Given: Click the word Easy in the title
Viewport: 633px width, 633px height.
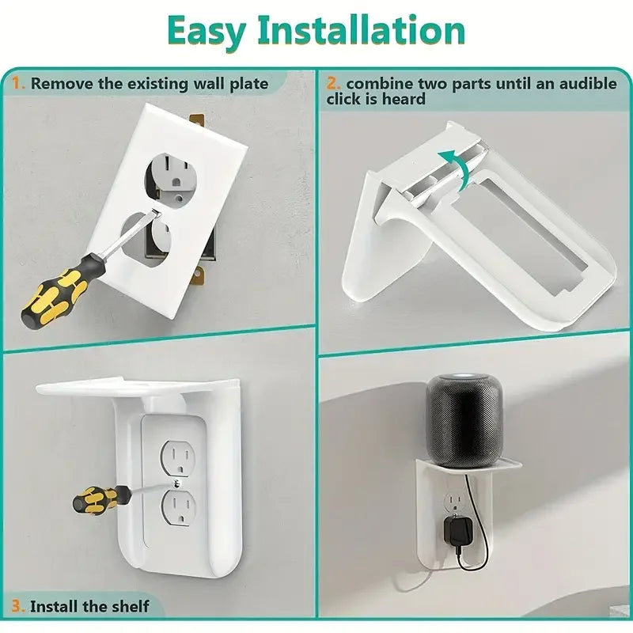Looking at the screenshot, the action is (x=207, y=32).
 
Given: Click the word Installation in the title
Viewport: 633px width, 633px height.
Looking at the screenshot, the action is (x=362, y=30).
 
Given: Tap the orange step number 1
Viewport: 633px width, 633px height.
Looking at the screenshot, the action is (x=17, y=84).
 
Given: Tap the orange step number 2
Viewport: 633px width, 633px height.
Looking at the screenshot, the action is (x=333, y=84).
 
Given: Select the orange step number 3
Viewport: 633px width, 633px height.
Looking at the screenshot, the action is (x=18, y=606).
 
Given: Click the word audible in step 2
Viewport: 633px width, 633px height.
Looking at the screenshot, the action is (x=588, y=84).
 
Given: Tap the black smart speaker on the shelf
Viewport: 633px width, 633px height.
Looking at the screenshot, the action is (x=464, y=421).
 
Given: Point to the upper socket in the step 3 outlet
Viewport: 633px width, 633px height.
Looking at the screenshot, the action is (x=177, y=458).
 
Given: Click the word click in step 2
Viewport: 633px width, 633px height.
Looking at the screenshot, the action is (x=344, y=99).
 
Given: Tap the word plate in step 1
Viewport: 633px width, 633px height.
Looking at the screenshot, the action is (x=249, y=85).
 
